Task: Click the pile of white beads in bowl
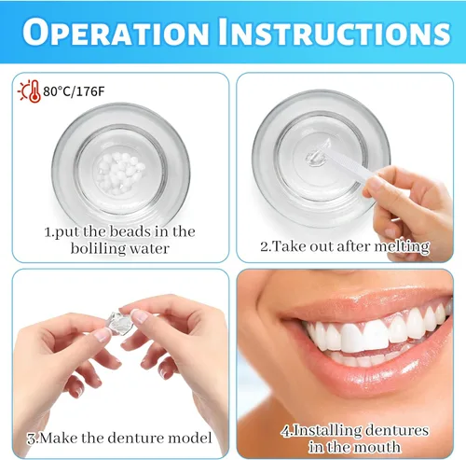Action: [119, 174]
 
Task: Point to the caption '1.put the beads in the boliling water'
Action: [120, 240]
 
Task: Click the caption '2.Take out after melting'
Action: [345, 247]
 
